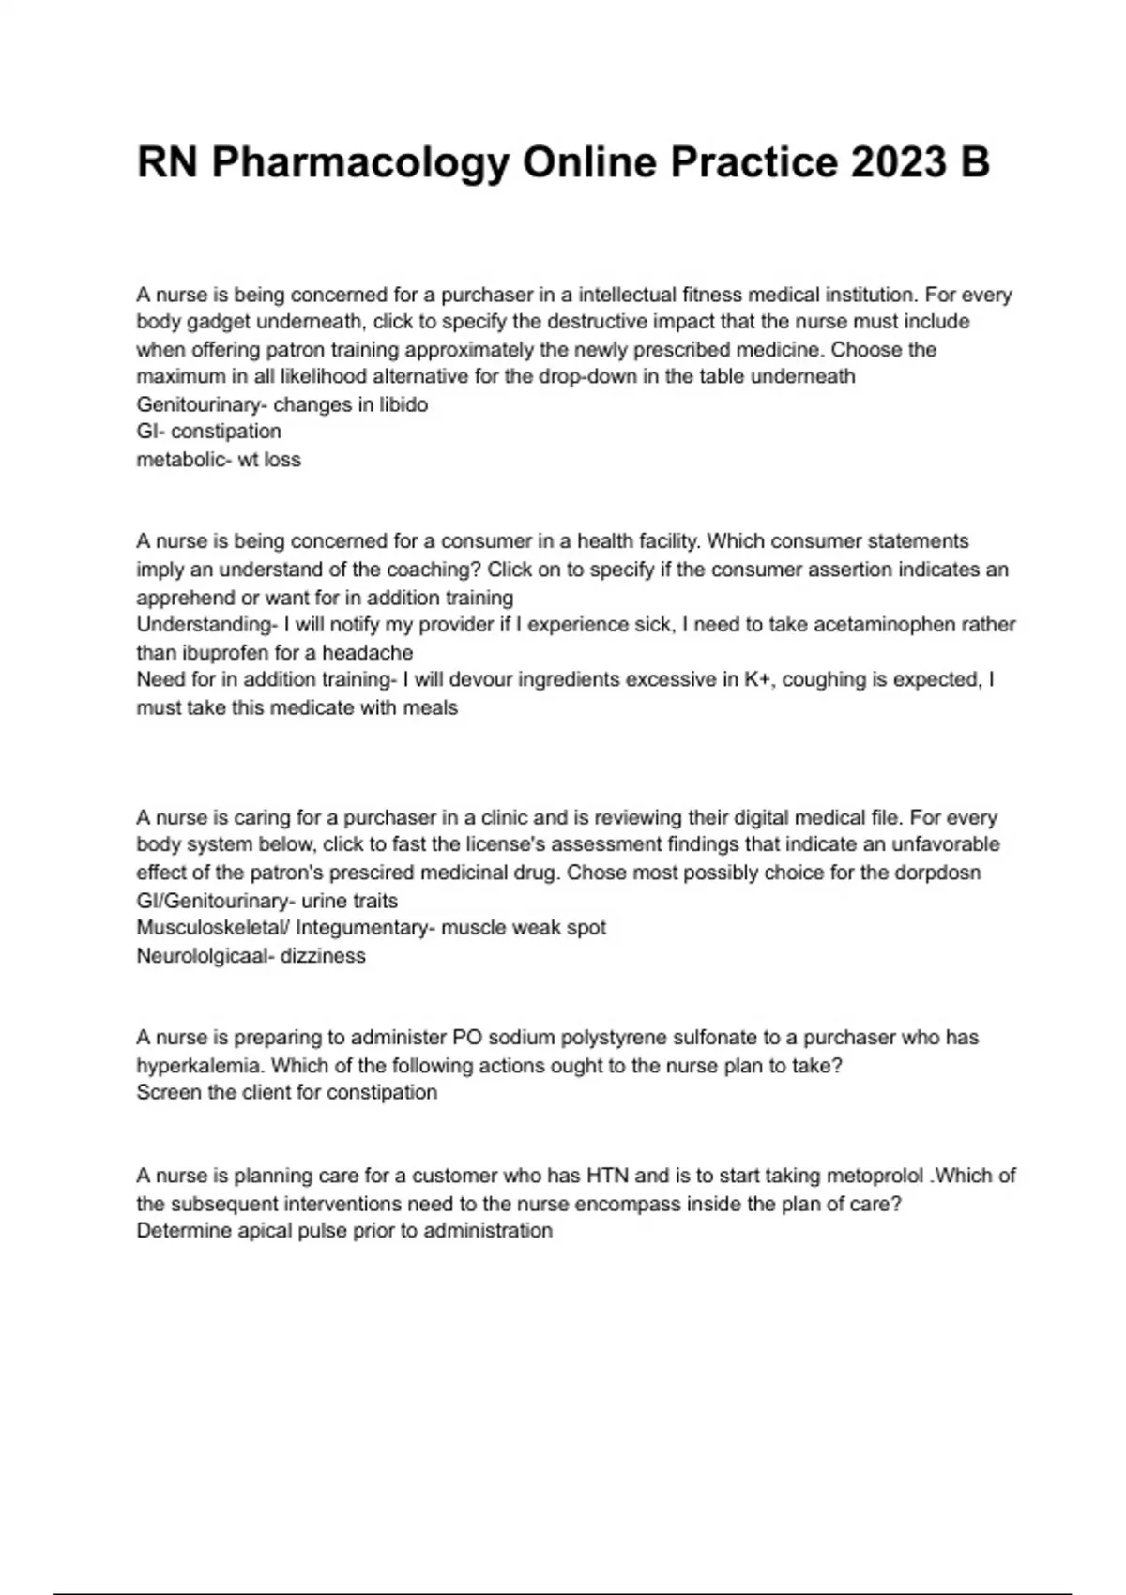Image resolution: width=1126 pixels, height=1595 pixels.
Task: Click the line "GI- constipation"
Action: click(x=208, y=432)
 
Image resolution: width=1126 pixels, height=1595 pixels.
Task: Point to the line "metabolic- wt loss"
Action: click(x=219, y=460)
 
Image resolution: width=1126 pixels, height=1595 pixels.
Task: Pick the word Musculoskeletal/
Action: click(x=213, y=928)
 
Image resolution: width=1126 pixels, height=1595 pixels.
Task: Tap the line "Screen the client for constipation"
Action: click(x=286, y=1093)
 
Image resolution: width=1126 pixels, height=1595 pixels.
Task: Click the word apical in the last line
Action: click(x=262, y=1231)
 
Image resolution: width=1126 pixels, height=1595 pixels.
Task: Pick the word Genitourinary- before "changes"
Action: click(x=202, y=404)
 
